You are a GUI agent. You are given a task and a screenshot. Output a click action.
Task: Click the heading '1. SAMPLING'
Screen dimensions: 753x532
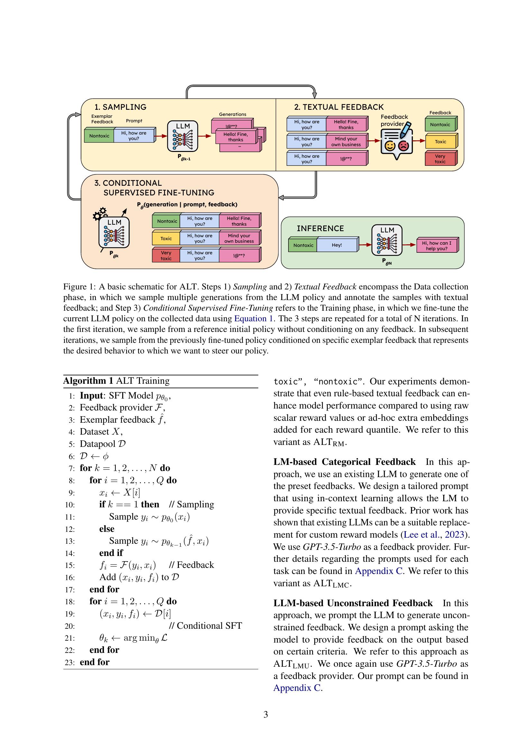(120, 107)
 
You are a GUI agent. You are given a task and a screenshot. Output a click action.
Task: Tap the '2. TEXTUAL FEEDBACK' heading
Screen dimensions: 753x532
(339, 107)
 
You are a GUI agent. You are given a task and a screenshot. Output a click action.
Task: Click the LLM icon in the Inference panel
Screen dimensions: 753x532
(387, 240)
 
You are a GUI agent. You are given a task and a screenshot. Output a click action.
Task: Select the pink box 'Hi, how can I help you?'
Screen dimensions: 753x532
(436, 246)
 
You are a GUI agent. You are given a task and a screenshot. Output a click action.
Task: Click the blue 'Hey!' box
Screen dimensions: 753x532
(337, 245)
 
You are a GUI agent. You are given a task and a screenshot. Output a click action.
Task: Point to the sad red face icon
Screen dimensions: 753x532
(404, 146)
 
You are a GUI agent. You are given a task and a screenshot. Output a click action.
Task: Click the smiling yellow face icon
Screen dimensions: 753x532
(390, 146)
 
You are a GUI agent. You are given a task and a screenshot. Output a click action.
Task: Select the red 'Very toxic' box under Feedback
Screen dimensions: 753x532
(440, 159)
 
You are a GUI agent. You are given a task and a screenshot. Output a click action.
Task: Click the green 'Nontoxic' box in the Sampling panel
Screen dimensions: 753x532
(99, 136)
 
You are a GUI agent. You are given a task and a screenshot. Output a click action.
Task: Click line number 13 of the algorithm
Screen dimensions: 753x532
(70, 541)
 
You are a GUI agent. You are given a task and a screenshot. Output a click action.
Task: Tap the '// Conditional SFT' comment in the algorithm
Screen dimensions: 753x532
(205, 626)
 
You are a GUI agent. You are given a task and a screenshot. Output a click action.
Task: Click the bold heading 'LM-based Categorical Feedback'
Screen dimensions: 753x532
(344, 462)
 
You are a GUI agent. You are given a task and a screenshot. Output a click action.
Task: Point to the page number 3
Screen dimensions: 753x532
(266, 714)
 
